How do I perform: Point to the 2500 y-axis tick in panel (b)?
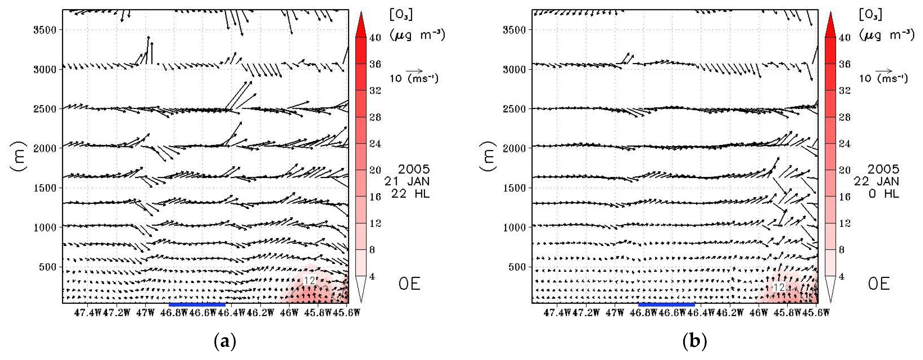click(x=514, y=109)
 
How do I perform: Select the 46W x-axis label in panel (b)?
click(x=758, y=313)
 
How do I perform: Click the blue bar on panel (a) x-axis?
click(x=197, y=305)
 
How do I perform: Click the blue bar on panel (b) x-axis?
click(x=666, y=305)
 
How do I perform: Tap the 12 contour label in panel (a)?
click(x=309, y=280)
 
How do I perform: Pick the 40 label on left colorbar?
click(x=375, y=37)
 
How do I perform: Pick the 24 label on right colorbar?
click(x=845, y=144)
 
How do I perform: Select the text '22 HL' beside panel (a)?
click(x=410, y=194)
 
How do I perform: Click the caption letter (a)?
click(x=225, y=342)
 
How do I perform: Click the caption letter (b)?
click(x=694, y=342)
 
